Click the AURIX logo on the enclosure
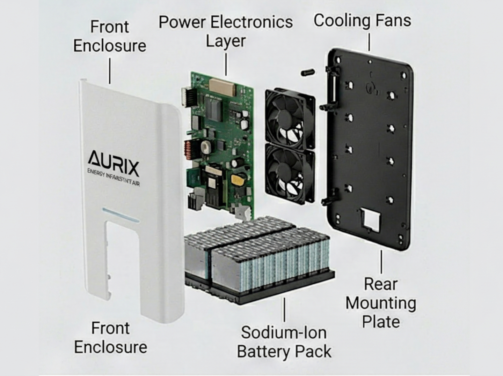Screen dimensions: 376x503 point(114,163)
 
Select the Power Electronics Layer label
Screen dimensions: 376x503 point(226,31)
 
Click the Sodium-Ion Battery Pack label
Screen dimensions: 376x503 point(284,342)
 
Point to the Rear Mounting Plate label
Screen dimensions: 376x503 point(381,303)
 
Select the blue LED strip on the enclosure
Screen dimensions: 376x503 point(121,215)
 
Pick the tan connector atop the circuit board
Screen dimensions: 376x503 point(221,87)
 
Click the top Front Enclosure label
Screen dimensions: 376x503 point(110,36)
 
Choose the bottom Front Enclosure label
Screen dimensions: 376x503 point(110,338)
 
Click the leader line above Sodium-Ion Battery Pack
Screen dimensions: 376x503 point(284,310)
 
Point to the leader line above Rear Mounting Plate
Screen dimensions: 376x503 point(381,262)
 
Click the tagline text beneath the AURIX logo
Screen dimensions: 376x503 point(114,178)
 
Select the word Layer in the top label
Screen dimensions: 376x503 point(226,41)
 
